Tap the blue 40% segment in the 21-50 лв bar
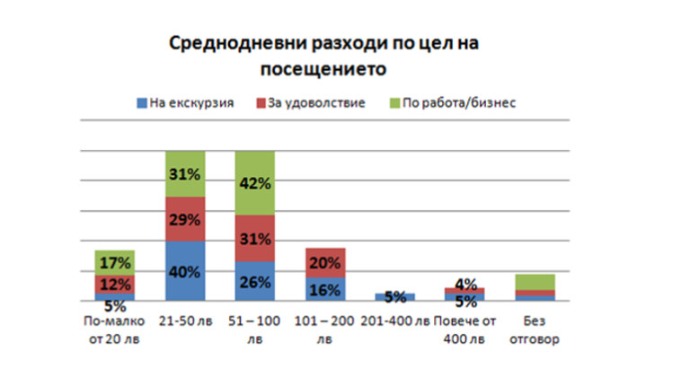click(185, 270)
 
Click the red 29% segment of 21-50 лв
click(185, 219)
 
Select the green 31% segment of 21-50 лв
click(185, 174)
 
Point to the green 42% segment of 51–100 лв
click(255, 183)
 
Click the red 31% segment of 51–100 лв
click(255, 239)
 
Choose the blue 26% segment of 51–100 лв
click(255, 281)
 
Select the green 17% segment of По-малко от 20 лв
click(114, 262)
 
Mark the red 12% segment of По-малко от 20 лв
click(114, 284)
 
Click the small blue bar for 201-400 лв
click(395, 296)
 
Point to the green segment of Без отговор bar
click(535, 282)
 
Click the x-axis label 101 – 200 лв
click(325, 329)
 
